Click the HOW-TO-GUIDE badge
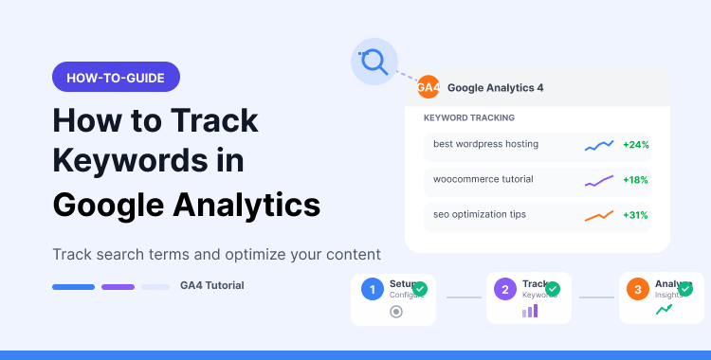click(x=116, y=77)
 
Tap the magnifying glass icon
click(x=374, y=63)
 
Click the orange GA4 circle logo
click(x=428, y=87)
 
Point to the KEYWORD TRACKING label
click(x=469, y=118)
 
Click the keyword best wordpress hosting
click(x=485, y=144)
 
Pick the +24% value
click(x=635, y=145)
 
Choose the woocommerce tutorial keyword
click(x=483, y=179)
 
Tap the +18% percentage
click(x=635, y=180)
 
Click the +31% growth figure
click(x=635, y=215)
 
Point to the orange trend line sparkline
click(x=599, y=215)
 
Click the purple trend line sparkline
click(x=599, y=180)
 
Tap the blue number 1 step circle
click(x=374, y=289)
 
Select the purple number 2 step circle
click(x=506, y=289)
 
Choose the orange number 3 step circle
click(x=639, y=289)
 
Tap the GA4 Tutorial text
click(x=211, y=285)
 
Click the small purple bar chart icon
click(x=529, y=311)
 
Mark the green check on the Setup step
click(x=419, y=288)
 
